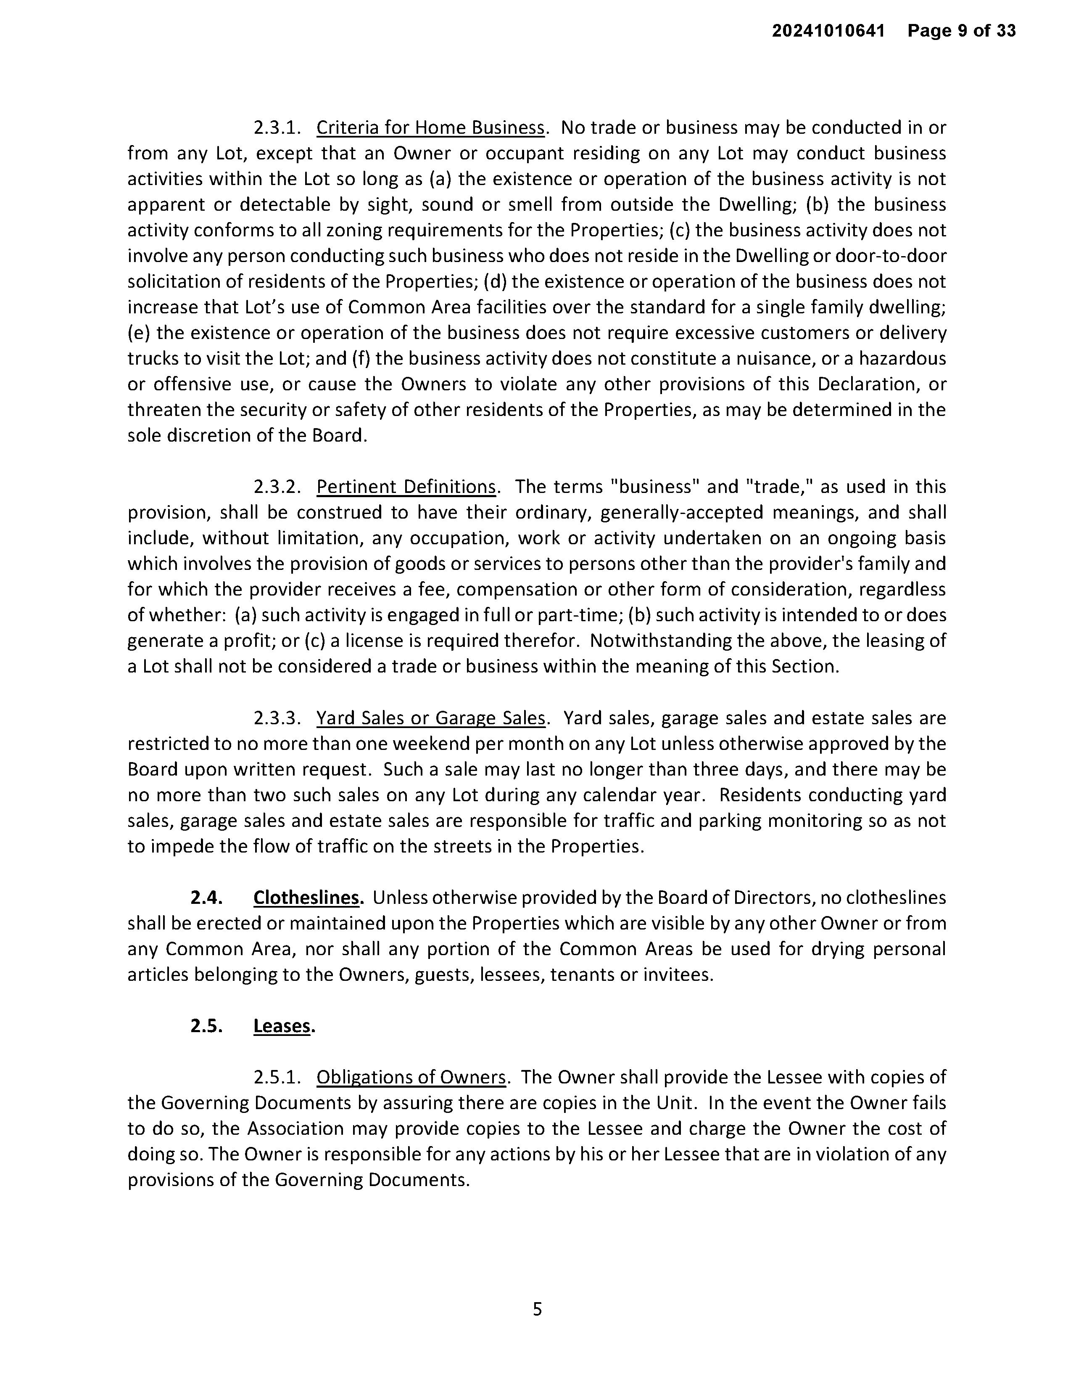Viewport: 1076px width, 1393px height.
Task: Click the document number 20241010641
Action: (x=828, y=31)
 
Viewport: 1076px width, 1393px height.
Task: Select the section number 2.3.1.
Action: (x=277, y=128)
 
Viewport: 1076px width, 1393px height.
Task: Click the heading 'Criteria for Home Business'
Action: (x=431, y=128)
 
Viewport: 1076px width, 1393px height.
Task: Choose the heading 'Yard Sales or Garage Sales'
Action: (x=431, y=718)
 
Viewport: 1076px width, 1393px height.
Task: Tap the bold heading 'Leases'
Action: (x=282, y=1026)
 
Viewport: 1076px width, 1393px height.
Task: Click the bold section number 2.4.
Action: (x=206, y=898)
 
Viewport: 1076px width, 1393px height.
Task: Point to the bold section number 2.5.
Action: (x=206, y=1026)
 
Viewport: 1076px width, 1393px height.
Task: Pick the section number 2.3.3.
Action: (x=277, y=718)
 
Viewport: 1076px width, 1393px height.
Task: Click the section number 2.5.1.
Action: (x=277, y=1078)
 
